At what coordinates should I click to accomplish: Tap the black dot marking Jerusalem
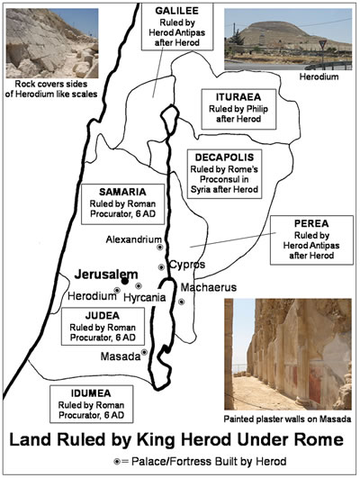(125, 281)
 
